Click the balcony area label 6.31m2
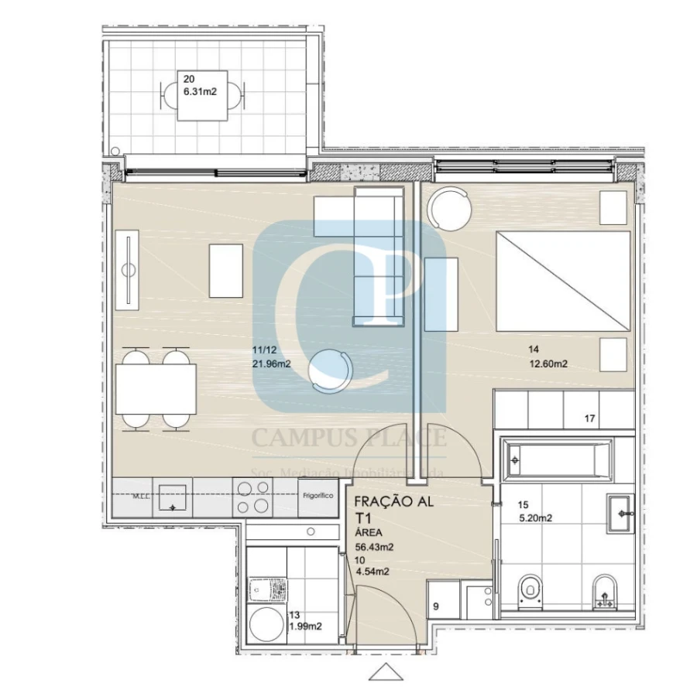pos(199,91)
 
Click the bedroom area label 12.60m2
pos(548,364)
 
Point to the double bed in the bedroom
pos(563,280)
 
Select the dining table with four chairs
pos(156,388)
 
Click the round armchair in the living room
pos(329,369)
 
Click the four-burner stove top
pos(253,497)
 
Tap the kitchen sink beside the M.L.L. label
pos(172,498)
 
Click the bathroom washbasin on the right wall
pos(621,513)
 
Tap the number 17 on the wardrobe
pos(589,419)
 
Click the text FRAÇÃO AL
pos(394,500)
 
